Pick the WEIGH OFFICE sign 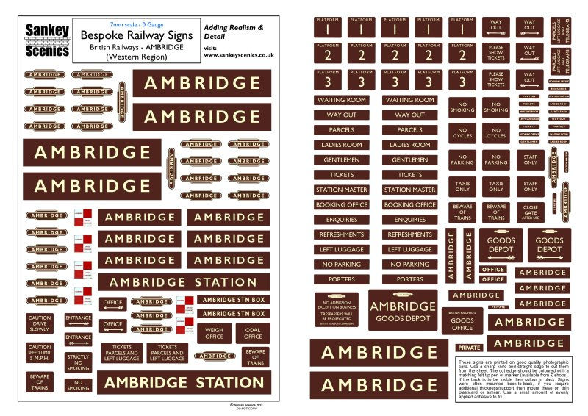214,333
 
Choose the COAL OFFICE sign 252,333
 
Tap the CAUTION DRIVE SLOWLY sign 39,324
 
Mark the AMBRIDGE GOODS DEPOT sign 402,311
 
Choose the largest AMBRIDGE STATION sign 173,383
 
